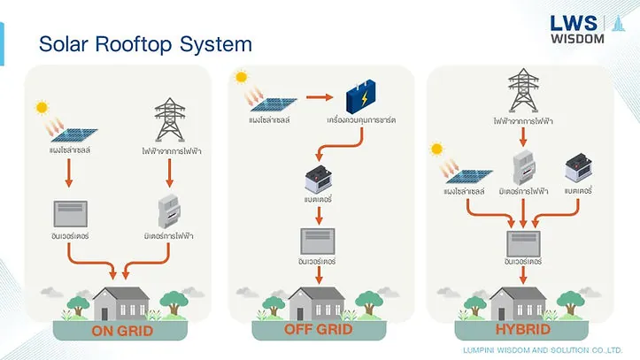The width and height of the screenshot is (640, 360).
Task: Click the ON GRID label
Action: click(123, 332)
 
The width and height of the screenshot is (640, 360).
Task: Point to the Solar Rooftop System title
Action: click(146, 44)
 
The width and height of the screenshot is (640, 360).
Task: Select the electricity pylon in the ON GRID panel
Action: click(169, 119)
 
